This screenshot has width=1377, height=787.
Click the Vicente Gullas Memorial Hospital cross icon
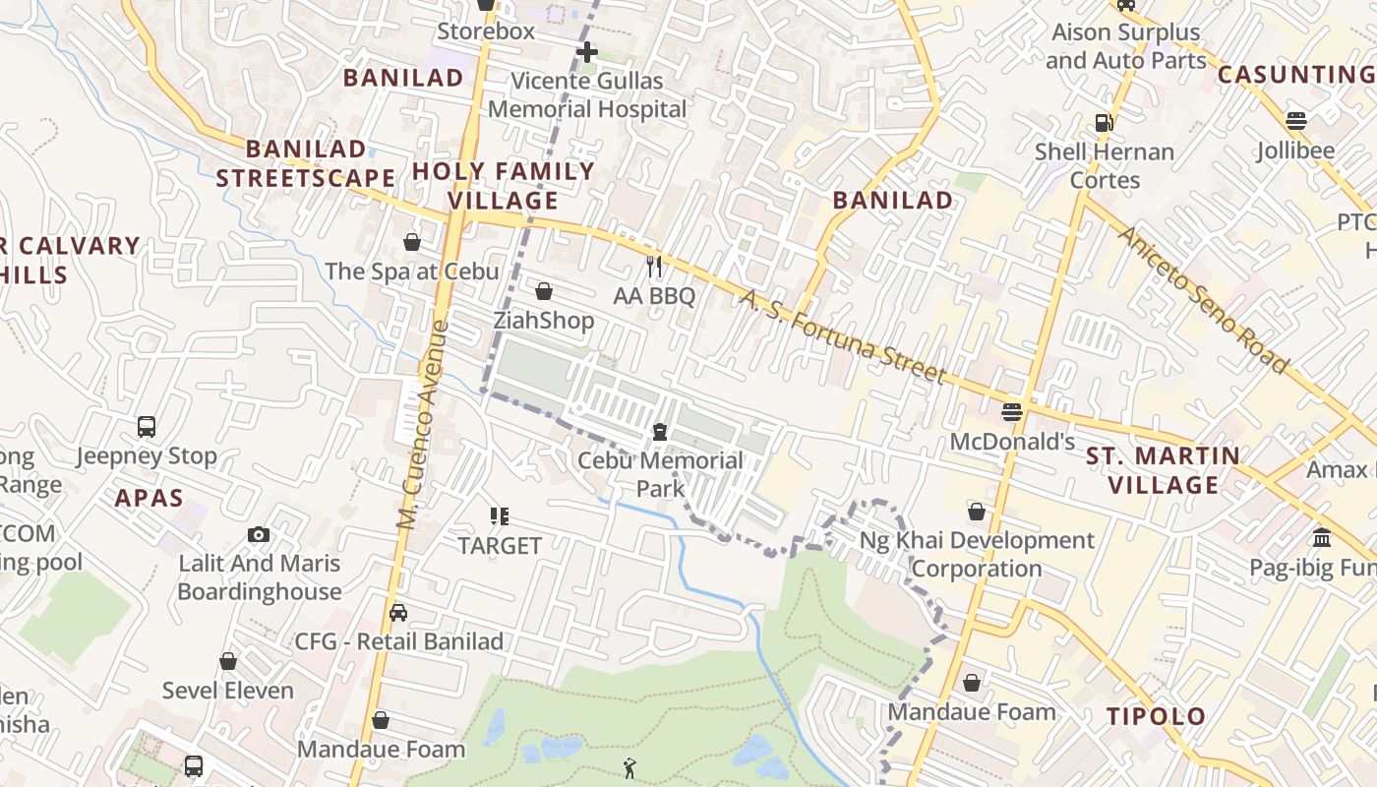[587, 51]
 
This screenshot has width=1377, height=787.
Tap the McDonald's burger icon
[1012, 411]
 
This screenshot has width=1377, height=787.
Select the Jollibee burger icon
[1295, 121]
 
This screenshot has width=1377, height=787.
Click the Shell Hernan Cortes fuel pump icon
[1105, 123]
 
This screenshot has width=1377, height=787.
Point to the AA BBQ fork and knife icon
[654, 266]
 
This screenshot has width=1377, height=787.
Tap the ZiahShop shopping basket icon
[544, 290]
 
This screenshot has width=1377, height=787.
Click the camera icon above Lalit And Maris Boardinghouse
[259, 534]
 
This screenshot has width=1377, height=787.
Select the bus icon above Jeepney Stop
[147, 427]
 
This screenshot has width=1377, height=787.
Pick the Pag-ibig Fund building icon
[1322, 538]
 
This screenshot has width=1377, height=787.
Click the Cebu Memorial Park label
[660, 474]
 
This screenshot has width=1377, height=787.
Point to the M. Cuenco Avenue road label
[422, 425]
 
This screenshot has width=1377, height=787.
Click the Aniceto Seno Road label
[1202, 300]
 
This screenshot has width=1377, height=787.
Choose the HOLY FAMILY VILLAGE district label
[504, 186]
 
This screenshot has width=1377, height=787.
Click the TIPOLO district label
[1157, 716]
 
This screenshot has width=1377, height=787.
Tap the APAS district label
[150, 498]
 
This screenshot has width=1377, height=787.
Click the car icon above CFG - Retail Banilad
[398, 613]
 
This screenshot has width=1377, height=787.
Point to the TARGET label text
[500, 545]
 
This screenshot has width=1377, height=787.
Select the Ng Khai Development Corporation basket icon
[977, 512]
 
